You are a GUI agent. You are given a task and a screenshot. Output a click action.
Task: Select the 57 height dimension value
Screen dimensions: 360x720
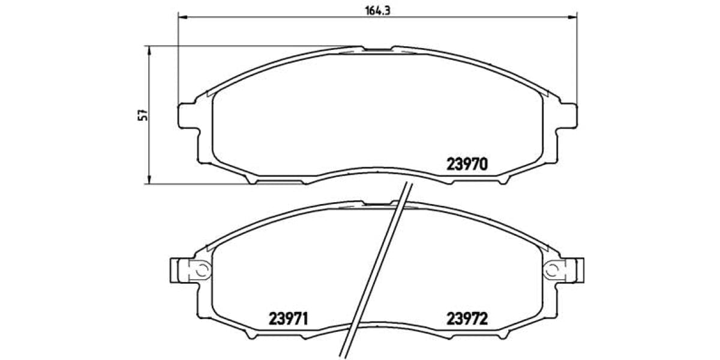142,115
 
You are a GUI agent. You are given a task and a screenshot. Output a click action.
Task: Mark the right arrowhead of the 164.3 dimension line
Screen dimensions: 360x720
574,19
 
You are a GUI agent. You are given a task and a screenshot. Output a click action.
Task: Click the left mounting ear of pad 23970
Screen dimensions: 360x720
188,115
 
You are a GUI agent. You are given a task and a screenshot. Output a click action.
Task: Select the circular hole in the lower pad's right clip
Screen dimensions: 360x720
550,270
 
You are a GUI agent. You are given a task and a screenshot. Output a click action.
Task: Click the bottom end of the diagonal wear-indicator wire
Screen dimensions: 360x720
347,355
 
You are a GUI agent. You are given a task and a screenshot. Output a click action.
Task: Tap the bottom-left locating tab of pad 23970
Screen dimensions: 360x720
252,179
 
